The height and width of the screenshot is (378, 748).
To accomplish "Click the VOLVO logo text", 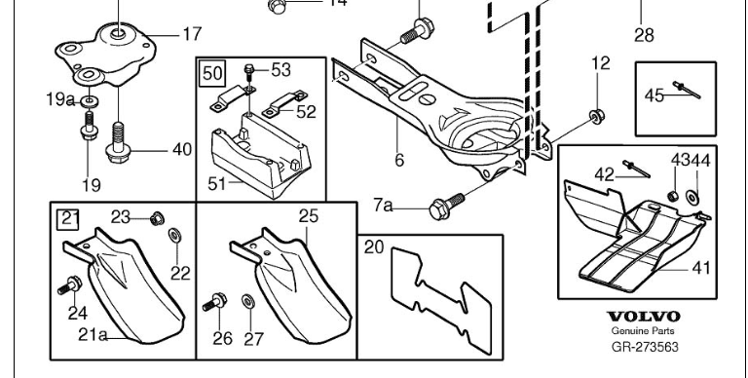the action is (643, 317).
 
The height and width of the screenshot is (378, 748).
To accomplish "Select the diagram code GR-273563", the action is (645, 347).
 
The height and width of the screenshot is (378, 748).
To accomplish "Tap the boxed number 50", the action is (212, 73).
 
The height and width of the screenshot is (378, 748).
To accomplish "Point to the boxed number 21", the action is (68, 219).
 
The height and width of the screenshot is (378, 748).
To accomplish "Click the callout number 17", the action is (192, 34).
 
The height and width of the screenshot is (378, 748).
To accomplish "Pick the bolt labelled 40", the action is (118, 141).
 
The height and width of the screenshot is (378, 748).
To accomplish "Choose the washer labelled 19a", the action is (90, 101).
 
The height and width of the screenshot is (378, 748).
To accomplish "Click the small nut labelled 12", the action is (596, 117).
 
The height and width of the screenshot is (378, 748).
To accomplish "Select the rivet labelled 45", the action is (687, 90).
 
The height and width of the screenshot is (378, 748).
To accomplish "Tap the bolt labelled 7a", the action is (446, 207).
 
